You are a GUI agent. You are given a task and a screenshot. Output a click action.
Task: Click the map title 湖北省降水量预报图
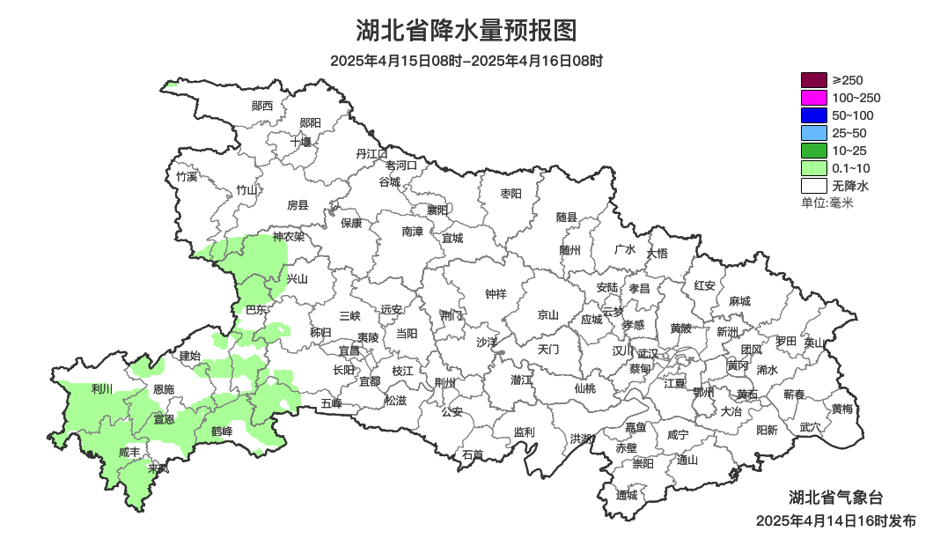click(x=466, y=31)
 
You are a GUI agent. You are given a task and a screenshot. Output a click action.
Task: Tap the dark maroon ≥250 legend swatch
click(x=813, y=80)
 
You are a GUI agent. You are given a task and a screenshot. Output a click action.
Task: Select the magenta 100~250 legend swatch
click(x=813, y=98)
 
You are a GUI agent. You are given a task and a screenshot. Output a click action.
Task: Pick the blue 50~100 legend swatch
click(x=813, y=115)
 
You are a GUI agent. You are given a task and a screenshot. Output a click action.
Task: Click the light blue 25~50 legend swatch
click(x=813, y=133)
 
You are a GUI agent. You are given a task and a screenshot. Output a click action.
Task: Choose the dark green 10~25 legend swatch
click(x=813, y=151)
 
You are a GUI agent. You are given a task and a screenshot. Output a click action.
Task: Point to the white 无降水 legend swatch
click(x=813, y=186)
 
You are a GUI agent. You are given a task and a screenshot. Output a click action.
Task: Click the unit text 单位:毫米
click(x=827, y=203)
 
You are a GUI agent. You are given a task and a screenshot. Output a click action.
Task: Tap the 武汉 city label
click(x=648, y=352)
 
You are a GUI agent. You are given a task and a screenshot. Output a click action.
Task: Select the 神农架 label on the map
click(x=288, y=236)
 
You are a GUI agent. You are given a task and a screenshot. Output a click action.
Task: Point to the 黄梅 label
click(x=842, y=409)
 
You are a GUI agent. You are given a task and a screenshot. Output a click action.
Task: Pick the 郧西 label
click(x=262, y=106)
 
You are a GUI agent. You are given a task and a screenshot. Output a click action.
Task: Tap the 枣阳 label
click(x=511, y=193)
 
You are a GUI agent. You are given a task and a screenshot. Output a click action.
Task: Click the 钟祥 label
click(x=496, y=294)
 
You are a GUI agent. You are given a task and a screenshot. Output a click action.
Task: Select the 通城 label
click(x=627, y=495)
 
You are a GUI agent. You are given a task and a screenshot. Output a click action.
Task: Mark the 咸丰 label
click(x=129, y=452)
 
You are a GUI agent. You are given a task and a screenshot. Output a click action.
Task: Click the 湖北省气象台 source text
click(x=835, y=497)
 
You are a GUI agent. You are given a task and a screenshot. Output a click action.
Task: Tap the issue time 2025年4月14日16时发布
click(x=835, y=520)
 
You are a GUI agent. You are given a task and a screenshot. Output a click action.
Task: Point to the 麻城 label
click(x=740, y=301)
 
